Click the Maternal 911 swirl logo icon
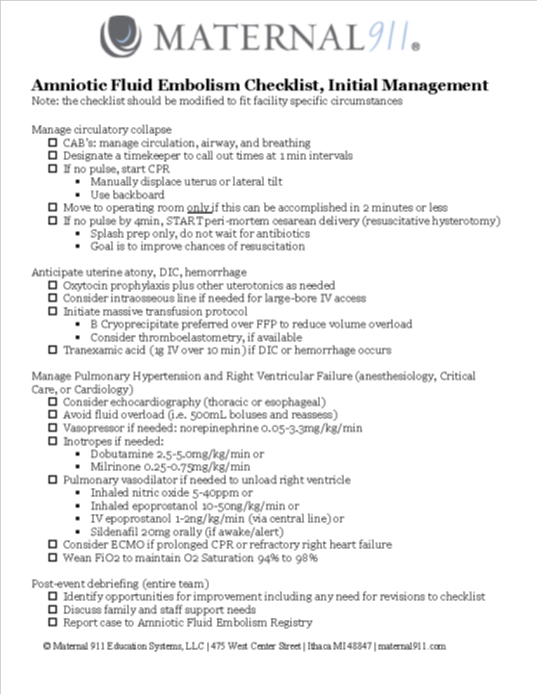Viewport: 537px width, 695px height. click(121, 37)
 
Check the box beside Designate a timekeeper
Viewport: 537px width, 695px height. click(53, 156)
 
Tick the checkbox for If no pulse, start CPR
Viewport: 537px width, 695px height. click(53, 169)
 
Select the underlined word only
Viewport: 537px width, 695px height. click(198, 208)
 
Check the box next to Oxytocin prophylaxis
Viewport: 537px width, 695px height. click(53, 286)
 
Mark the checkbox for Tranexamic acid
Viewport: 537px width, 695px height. click(53, 350)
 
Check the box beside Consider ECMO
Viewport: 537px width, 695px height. click(53, 545)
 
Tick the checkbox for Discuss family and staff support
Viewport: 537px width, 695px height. click(53, 609)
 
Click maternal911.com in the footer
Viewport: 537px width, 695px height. click(411, 647)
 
